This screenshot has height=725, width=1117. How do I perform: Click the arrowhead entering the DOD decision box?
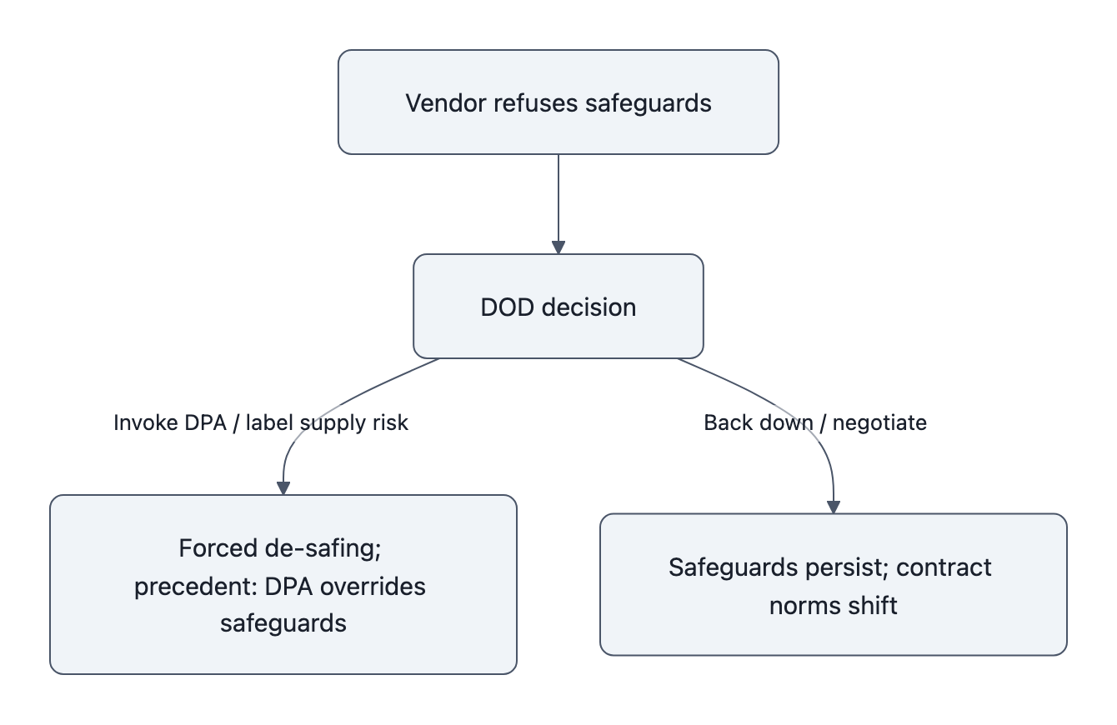coord(558,247)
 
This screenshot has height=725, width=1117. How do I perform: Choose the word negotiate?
coord(879,422)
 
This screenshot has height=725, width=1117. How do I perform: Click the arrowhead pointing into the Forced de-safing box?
coord(283,488)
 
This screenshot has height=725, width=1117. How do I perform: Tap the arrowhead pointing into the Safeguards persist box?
coord(834,507)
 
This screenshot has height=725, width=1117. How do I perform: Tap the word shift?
coord(874,605)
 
